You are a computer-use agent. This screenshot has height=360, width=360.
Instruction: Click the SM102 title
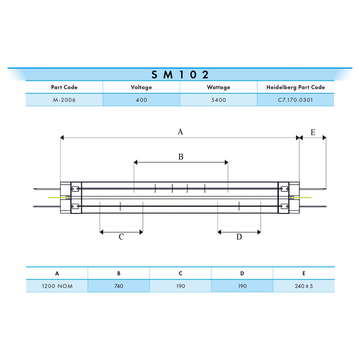point(180,74)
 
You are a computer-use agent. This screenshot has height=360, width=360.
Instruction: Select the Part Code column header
point(64,87)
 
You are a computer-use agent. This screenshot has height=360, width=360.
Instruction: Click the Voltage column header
point(141,87)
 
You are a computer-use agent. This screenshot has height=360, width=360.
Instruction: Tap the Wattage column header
point(219,87)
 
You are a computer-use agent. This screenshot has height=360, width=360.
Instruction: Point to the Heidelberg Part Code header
point(295,87)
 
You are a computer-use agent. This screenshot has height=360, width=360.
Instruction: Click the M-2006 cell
point(64,100)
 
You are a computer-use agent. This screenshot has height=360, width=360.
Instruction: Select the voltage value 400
point(141,100)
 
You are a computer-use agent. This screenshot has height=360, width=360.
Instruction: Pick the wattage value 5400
point(219,100)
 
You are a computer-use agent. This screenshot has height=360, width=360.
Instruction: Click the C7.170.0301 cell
point(295,100)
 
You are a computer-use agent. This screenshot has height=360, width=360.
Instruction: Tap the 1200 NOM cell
point(57,286)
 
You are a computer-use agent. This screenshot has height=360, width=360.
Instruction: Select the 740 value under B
point(118,286)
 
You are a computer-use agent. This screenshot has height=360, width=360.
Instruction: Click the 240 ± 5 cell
point(303,286)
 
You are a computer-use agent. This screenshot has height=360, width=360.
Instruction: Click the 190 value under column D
point(242,286)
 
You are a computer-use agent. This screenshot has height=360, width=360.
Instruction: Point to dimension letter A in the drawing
point(180,132)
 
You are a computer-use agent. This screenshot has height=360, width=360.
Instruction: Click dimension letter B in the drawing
point(181,156)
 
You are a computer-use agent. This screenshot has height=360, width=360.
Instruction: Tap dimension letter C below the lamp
point(121,237)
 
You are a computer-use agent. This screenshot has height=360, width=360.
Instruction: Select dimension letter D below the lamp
point(239,237)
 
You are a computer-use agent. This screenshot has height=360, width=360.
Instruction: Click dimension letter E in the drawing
point(313,133)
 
